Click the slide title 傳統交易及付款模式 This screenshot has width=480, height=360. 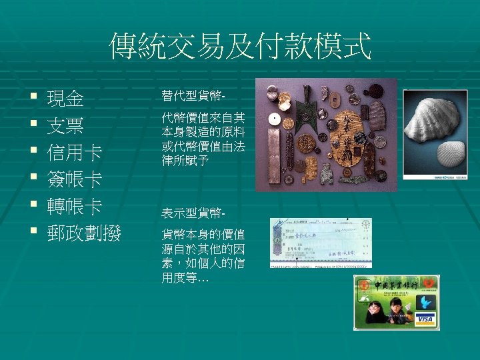pyautogui.click(x=240, y=47)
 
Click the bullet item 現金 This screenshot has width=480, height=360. pyautogui.click(x=65, y=100)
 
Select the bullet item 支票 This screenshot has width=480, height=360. pyautogui.click(x=65, y=127)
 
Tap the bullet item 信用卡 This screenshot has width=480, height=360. pyautogui.click(x=74, y=153)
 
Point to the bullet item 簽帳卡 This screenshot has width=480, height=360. pyautogui.click(x=74, y=180)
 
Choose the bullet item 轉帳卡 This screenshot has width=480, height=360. pyautogui.click(x=74, y=207)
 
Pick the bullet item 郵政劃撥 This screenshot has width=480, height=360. pyautogui.click(x=83, y=233)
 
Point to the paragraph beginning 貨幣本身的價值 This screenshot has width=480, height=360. pyautogui.click(x=203, y=257)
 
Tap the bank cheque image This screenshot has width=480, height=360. pyautogui.click(x=321, y=243)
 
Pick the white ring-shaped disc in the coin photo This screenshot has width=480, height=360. pyautogui.click(x=273, y=119)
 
